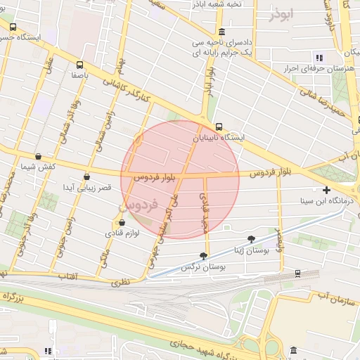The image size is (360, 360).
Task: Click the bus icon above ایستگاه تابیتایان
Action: (219, 127)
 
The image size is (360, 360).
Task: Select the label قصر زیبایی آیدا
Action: (86, 188)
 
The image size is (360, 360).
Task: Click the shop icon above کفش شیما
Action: (38, 157)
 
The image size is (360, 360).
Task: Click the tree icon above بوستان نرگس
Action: (204, 256)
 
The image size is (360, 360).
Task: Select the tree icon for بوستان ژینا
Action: (252, 239)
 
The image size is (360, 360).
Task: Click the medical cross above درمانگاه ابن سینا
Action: (326, 190)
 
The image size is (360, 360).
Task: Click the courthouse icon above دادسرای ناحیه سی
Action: (222, 32)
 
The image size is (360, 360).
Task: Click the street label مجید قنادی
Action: (207, 214)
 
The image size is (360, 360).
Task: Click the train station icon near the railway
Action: (298, 273)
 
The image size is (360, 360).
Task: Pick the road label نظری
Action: (121, 281)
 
